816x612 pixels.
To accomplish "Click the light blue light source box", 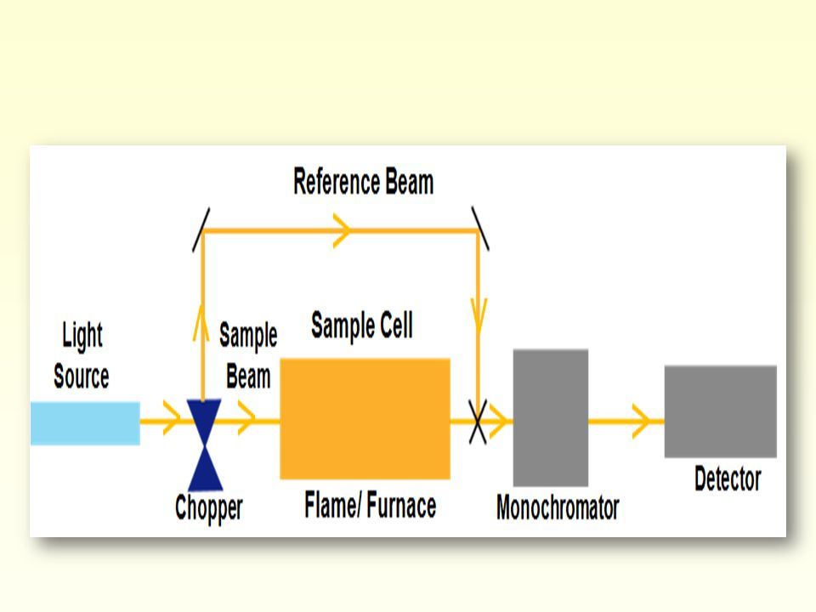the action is click(x=85, y=423).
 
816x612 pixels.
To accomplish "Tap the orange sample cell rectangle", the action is click(x=365, y=418).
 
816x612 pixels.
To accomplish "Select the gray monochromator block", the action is click(x=551, y=417).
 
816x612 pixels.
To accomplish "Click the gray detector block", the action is click(x=720, y=411).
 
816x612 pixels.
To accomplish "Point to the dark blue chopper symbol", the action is click(x=205, y=445).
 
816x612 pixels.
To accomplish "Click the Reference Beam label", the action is click(x=363, y=182).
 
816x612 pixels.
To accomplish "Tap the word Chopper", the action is click(x=209, y=508).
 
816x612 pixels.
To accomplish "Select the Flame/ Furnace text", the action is click(x=370, y=505).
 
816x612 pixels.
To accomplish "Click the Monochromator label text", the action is click(x=558, y=507).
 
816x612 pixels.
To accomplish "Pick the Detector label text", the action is click(x=728, y=479).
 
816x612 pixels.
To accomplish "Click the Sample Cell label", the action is click(x=362, y=326).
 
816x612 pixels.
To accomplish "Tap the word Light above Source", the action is click(x=82, y=335).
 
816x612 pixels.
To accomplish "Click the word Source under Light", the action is click(x=82, y=376).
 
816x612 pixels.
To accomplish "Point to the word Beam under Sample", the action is click(x=248, y=377).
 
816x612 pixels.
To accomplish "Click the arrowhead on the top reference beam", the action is click(x=342, y=230).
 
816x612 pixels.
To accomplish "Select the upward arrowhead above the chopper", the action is click(x=201, y=322).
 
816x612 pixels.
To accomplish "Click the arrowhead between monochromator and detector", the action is click(x=642, y=421).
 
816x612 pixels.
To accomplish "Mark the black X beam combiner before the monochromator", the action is click(x=479, y=422).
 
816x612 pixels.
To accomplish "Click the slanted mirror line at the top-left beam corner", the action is click(x=201, y=230).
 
